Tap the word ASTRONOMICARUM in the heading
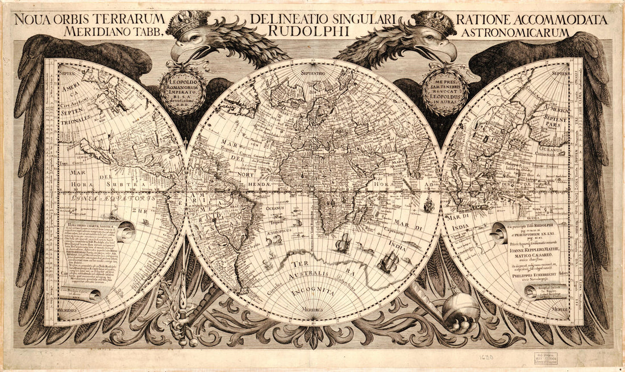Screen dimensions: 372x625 click(515, 32)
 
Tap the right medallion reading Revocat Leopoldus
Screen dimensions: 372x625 click(445, 91)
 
